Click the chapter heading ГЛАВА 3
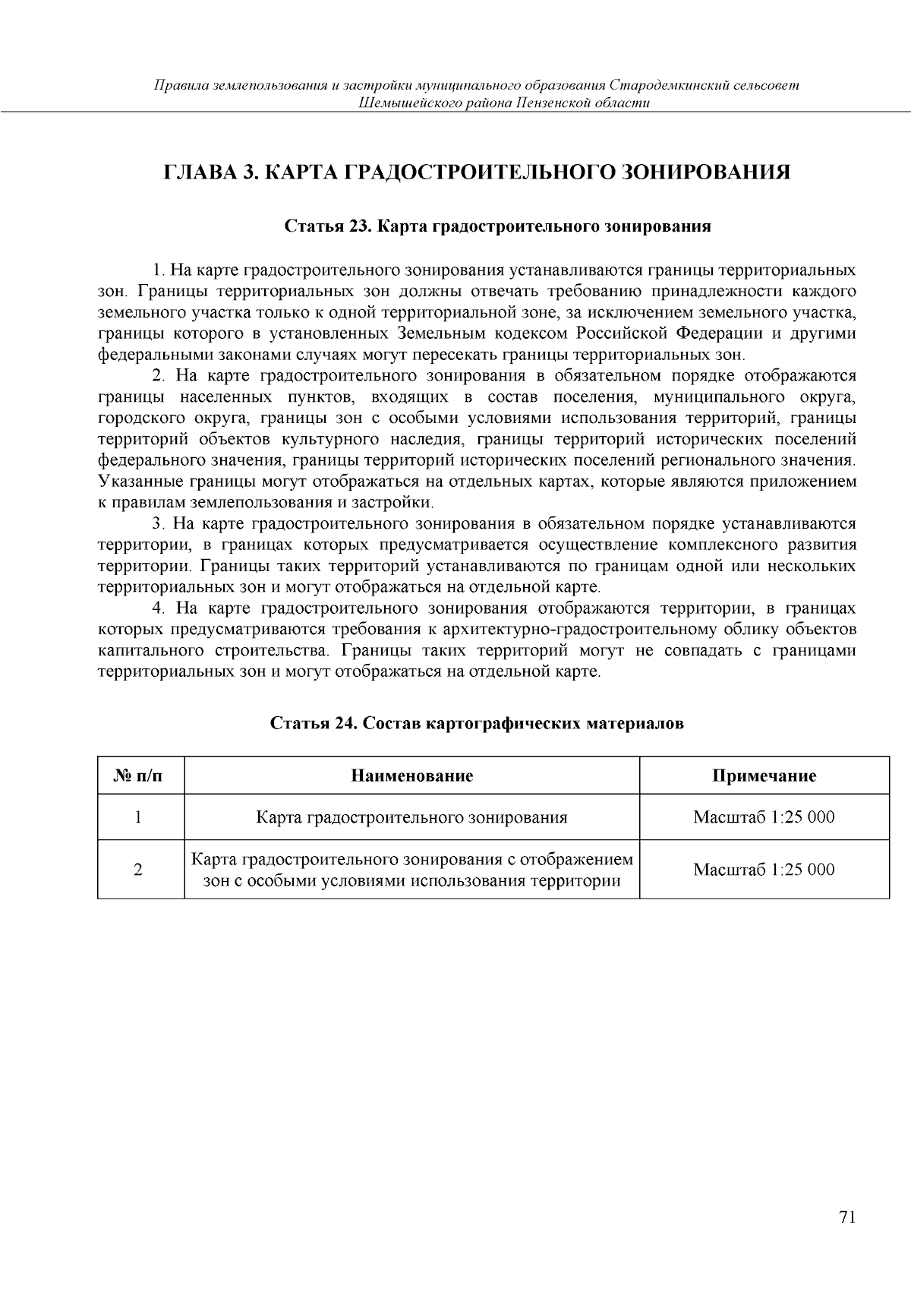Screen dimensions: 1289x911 click(x=478, y=172)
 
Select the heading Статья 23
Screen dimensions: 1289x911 click(x=497, y=226)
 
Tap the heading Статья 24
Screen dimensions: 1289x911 click(x=478, y=723)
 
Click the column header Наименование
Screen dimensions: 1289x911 click(x=411, y=776)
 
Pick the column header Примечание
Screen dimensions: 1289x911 click(x=764, y=776)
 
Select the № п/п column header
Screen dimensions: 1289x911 click(x=140, y=776)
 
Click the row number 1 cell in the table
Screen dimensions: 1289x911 click(x=138, y=817)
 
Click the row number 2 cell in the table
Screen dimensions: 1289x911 click(x=138, y=870)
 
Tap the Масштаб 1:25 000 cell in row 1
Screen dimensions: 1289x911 click(x=764, y=817)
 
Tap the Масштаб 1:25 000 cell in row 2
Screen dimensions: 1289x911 click(x=764, y=870)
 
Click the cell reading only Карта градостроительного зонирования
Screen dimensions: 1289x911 click(x=411, y=817)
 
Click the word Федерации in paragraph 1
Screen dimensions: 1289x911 click(x=719, y=333)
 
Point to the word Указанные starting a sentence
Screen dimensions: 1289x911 click(x=135, y=482)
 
